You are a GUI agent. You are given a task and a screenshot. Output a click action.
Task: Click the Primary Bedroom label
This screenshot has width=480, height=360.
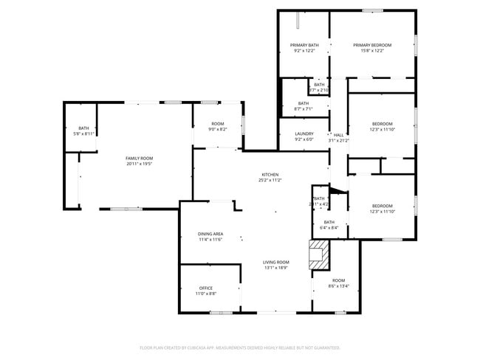[371, 45]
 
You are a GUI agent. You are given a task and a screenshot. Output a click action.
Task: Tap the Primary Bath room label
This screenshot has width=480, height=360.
[304, 45]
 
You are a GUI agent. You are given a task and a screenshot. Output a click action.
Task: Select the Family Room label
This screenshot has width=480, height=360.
[139, 159]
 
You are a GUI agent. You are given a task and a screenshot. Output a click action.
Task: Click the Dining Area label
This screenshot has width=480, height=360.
[210, 234]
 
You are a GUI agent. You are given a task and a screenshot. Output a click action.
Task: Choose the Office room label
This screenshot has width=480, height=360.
[206, 288]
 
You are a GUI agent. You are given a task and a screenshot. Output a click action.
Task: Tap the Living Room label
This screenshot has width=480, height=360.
[276, 263]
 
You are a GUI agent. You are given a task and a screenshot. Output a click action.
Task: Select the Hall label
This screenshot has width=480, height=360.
[338, 135]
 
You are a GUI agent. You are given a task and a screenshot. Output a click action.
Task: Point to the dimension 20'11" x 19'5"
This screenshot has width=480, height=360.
[139, 165]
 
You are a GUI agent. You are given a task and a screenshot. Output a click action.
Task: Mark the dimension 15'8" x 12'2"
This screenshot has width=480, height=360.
[371, 51]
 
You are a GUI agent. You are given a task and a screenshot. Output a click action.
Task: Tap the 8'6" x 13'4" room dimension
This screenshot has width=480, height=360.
[338, 286]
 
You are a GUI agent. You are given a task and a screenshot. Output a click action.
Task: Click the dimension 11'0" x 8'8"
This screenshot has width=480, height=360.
[206, 294]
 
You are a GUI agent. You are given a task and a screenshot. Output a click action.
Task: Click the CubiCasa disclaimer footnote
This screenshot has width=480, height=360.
[239, 347]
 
